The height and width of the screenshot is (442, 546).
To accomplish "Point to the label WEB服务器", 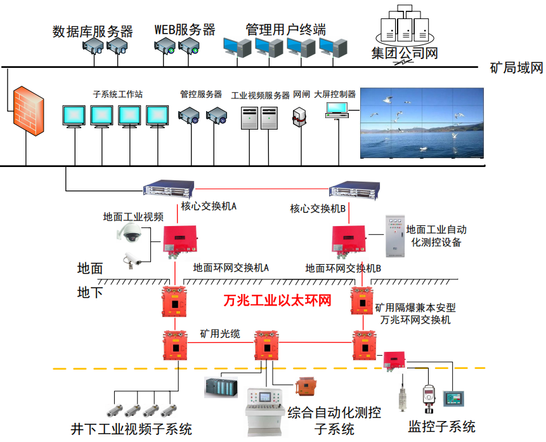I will [185, 30].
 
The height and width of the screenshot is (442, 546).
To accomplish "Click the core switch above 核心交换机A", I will [168, 189].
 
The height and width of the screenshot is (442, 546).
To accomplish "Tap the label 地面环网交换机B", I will [343, 268].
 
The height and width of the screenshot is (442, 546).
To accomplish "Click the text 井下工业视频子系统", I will [131, 429].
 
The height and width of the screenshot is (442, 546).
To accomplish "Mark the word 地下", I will [90, 293].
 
